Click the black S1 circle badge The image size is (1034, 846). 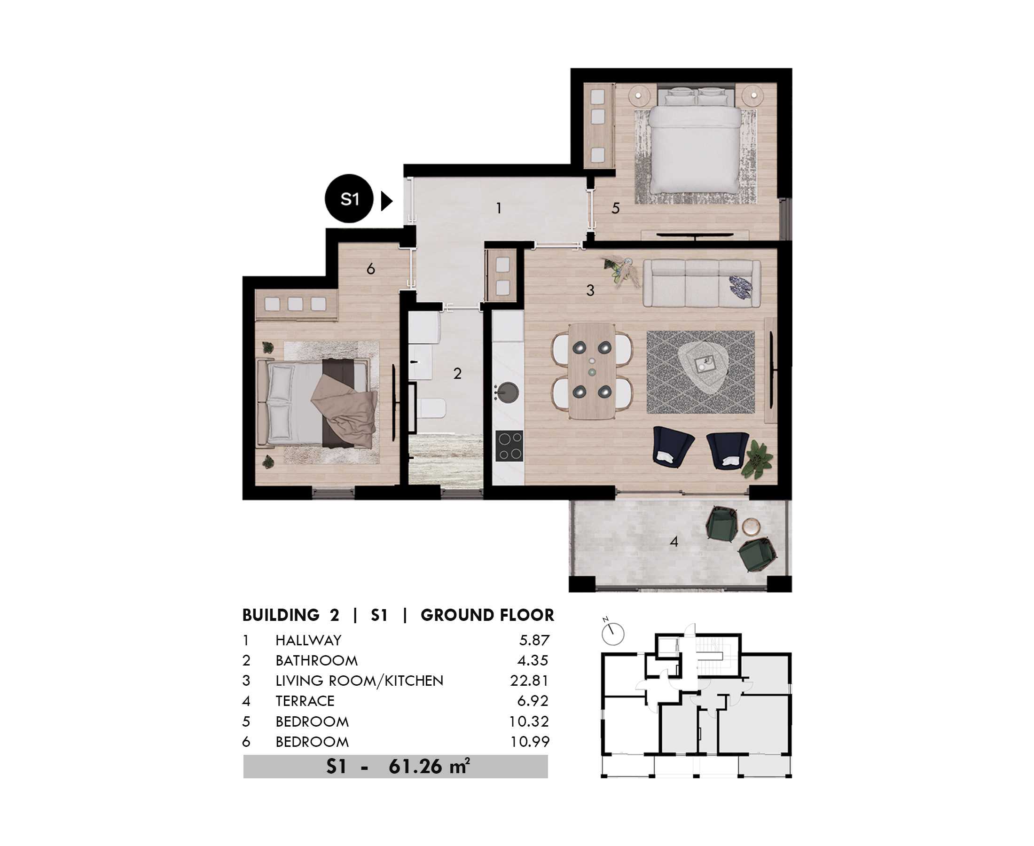pos(349,199)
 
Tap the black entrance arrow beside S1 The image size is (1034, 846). pos(386,201)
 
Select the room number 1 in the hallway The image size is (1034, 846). pos(499,209)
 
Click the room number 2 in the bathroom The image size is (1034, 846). pos(457,374)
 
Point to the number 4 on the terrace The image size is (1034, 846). pos(674,541)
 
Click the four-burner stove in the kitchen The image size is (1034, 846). pos(509,446)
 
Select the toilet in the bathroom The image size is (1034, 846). pos(432,408)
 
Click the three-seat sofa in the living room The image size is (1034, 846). pos(702,283)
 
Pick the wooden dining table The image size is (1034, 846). pos(592,371)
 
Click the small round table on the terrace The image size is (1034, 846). pos(751,527)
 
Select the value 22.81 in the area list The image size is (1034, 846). pos(529,681)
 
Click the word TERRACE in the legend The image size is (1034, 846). pos(305,701)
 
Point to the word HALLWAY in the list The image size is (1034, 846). pos(308,640)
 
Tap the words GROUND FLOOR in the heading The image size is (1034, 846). pos(487,616)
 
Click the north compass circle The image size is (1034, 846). pos(612,634)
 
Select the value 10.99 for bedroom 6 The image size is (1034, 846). pos(530,742)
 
